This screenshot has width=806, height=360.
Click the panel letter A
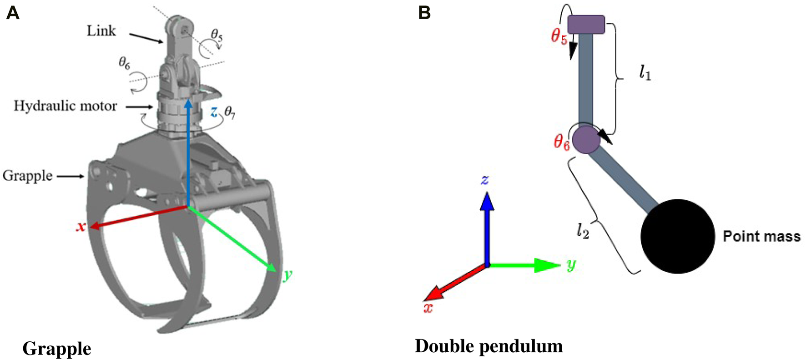pyautogui.click(x=12, y=13)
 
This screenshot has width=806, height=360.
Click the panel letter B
pyautogui.click(x=424, y=13)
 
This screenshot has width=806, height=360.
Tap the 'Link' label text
pyautogui.click(x=101, y=31)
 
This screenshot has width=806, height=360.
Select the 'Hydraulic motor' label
pyautogui.click(x=65, y=106)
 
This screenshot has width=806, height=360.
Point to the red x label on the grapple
pyautogui.click(x=81, y=227)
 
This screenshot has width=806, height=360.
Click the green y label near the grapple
pyautogui.click(x=287, y=275)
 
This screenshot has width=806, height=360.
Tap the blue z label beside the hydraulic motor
pyautogui.click(x=214, y=112)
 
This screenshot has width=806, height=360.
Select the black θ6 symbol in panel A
pyautogui.click(x=124, y=63)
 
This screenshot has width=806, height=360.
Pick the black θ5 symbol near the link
pyautogui.click(x=217, y=35)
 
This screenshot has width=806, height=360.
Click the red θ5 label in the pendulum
pyautogui.click(x=559, y=36)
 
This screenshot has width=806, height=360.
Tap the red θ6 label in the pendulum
pyautogui.click(x=561, y=142)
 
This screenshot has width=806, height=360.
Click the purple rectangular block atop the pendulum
pyautogui.click(x=586, y=25)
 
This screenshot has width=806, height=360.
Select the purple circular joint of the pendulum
pyautogui.click(x=586, y=139)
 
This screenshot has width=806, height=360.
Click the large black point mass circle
pyautogui.click(x=677, y=236)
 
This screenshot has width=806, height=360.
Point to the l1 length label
pyautogui.click(x=645, y=73)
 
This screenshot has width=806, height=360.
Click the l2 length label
pyautogui.click(x=583, y=231)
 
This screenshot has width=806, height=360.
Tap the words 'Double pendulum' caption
pyautogui.click(x=489, y=346)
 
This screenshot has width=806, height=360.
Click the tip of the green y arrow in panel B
pyautogui.click(x=559, y=265)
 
